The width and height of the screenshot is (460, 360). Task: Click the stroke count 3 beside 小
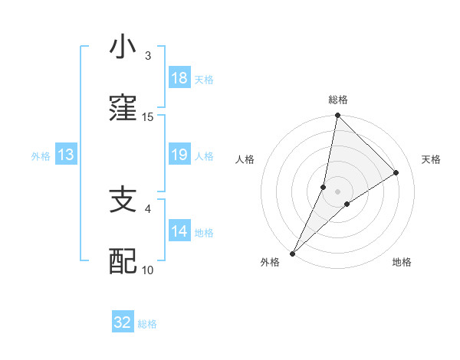pyautogui.click(x=147, y=56)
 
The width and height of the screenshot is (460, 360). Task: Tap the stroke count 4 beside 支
pyautogui.click(x=147, y=208)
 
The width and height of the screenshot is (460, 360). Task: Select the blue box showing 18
pyautogui.click(x=179, y=79)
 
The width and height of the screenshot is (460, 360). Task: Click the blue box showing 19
pyautogui.click(x=179, y=155)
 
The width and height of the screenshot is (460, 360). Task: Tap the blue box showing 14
pyautogui.click(x=179, y=231)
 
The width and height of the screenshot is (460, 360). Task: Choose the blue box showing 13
pyautogui.click(x=66, y=155)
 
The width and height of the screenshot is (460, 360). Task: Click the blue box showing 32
pyautogui.click(x=123, y=323)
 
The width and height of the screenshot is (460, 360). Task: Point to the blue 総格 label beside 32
pyautogui.click(x=147, y=324)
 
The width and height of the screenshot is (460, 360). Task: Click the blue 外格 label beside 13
pyautogui.click(x=41, y=156)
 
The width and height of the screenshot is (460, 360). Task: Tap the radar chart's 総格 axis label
pyautogui.click(x=338, y=100)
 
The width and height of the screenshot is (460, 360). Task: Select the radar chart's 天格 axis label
pyautogui.click(x=431, y=159)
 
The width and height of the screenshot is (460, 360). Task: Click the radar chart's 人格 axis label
pyautogui.click(x=245, y=159)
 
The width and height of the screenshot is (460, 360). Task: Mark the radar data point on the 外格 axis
pyautogui.click(x=292, y=253)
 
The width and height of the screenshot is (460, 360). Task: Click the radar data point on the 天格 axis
pyautogui.click(x=396, y=173)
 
